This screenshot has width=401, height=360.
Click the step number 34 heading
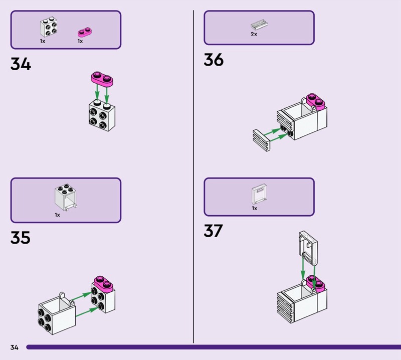(x=21, y=65)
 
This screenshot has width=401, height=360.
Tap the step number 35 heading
(x=21, y=237)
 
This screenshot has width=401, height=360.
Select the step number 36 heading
(x=214, y=60)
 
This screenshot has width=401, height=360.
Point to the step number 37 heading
(x=214, y=231)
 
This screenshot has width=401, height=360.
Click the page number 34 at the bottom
(x=14, y=347)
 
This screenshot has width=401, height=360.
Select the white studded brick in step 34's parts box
(x=48, y=28)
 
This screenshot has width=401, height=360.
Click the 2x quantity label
(x=254, y=34)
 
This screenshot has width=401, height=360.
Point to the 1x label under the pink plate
(x=80, y=41)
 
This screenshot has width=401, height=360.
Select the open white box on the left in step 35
(x=57, y=313)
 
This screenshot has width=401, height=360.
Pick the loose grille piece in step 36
(x=261, y=139)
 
